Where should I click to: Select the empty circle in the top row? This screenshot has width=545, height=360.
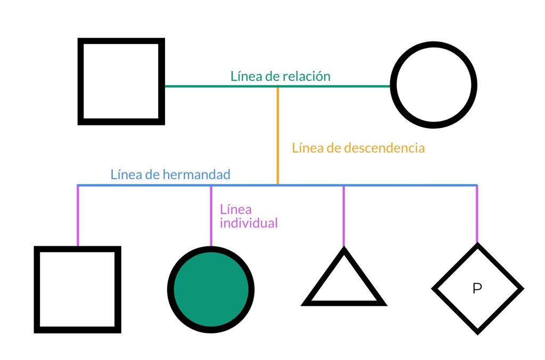pyautogui.click(x=433, y=45)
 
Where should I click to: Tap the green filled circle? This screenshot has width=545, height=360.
pyautogui.click(x=211, y=289)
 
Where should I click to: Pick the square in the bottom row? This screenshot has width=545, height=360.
pyautogui.click(x=78, y=249)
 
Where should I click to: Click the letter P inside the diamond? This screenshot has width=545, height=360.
pyautogui.click(x=477, y=288)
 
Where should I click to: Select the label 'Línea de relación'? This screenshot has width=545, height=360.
pyautogui.click(x=280, y=76)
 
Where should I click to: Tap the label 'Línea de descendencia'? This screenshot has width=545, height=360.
pyautogui.click(x=358, y=148)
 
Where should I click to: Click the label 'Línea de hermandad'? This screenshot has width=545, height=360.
pyautogui.click(x=170, y=174)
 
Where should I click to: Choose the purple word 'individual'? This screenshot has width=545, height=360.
pyautogui.click(x=249, y=223)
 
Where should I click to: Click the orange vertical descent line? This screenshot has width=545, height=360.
pyautogui.click(x=277, y=136)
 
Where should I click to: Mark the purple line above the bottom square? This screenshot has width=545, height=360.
pyautogui.click(x=78, y=216)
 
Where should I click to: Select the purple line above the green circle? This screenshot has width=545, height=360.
pyautogui.click(x=211, y=216)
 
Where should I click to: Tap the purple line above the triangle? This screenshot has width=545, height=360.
pyautogui.click(x=343, y=216)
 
